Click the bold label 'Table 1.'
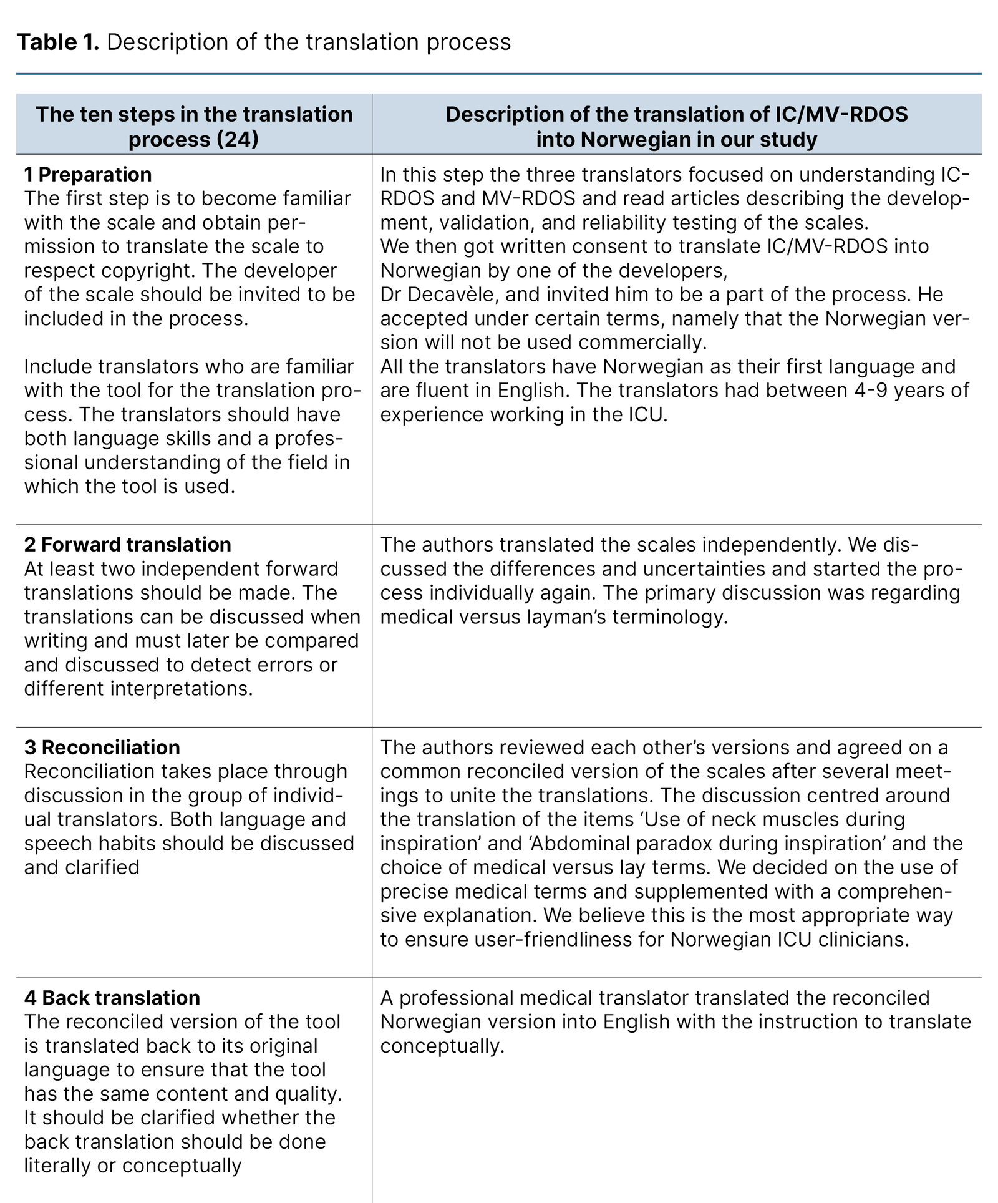(58, 42)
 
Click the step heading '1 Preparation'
(88, 175)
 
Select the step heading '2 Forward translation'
(127, 545)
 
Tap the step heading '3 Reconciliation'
(102, 748)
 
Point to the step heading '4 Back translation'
(112, 998)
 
